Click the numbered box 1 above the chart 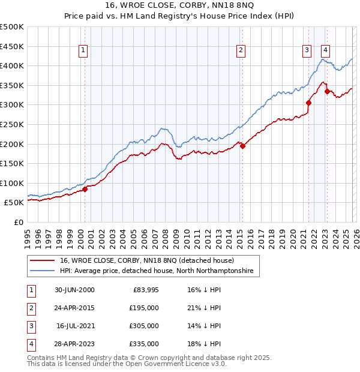coord(82,51)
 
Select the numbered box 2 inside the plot coord(240,51)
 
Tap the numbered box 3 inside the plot coord(307,51)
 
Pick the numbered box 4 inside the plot coord(325,51)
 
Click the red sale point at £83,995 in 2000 coord(85,189)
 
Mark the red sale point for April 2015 coord(242,146)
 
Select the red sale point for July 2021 coord(308,103)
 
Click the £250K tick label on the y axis coord(12,124)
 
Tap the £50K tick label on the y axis coord(14,203)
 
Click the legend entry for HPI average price coord(156,271)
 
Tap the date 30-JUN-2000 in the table coord(74,290)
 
